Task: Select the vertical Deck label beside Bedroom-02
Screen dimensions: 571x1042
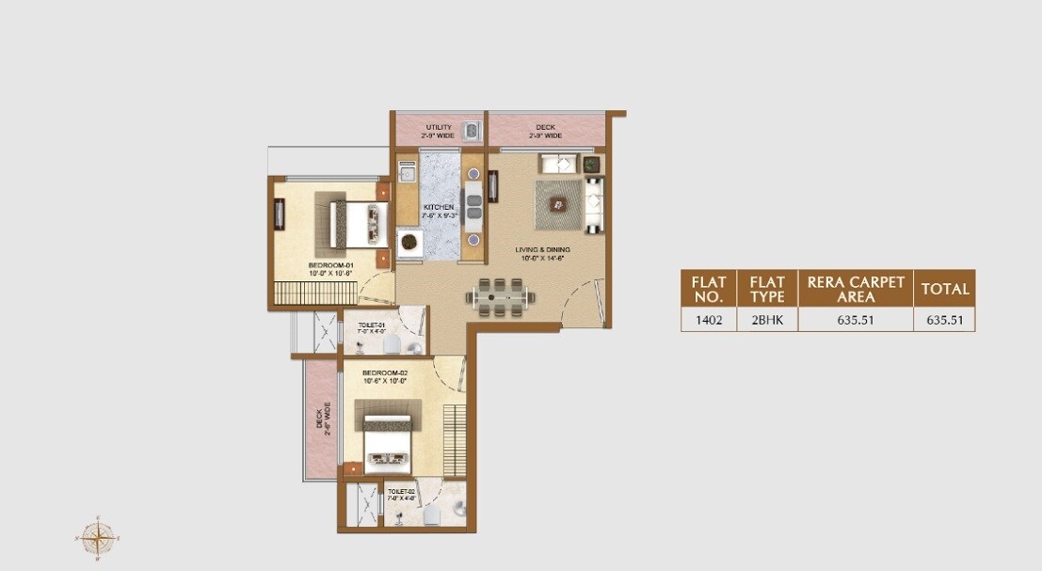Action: [321, 418]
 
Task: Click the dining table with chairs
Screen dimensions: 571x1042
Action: [501, 296]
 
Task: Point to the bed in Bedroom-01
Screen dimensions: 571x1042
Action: [350, 222]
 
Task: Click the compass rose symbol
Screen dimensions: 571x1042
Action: [95, 537]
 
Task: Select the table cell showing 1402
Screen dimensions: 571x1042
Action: [709, 320]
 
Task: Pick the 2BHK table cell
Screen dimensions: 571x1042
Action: [766, 320]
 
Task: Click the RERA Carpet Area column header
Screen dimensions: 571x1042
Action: [856, 289]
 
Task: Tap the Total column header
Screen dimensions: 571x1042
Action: [945, 289]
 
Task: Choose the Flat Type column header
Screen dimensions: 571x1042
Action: [766, 289]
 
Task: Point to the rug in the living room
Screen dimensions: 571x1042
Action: [560, 203]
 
